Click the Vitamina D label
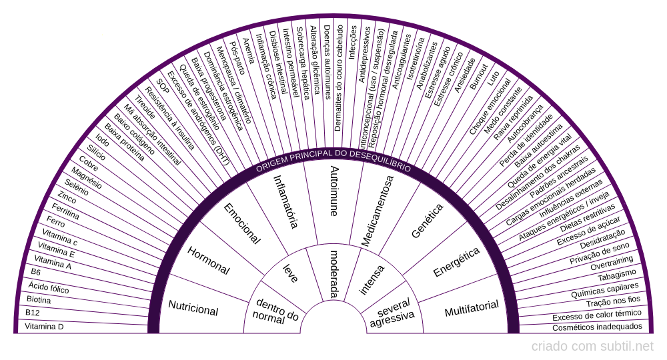(44, 327)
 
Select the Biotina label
(38, 299)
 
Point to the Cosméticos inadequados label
(597, 327)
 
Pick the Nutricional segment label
(193, 309)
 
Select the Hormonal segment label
(208, 261)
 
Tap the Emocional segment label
(241, 223)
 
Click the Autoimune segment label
(333, 191)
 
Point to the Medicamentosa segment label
(378, 211)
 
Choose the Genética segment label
(428, 221)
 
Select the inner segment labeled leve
(291, 273)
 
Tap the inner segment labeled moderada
(333, 274)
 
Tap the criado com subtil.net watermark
(592, 346)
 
